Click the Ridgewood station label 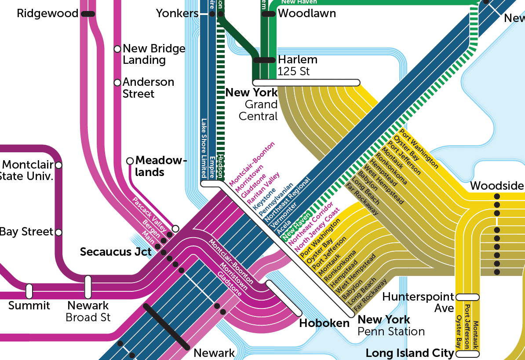point(47,14)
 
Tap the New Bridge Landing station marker point(117,49)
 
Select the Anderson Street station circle point(117,82)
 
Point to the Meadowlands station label point(161,166)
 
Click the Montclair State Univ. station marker point(58,165)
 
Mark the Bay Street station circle point(58,232)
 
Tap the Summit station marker point(29,291)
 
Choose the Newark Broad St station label point(88,311)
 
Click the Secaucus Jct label point(116,252)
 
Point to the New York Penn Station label point(391,325)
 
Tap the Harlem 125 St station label point(297,65)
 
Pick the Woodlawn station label point(307,14)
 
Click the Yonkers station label point(177,14)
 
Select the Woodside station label point(497,186)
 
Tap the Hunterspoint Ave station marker point(467,297)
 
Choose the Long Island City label point(410,353)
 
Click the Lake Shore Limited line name point(204,147)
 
